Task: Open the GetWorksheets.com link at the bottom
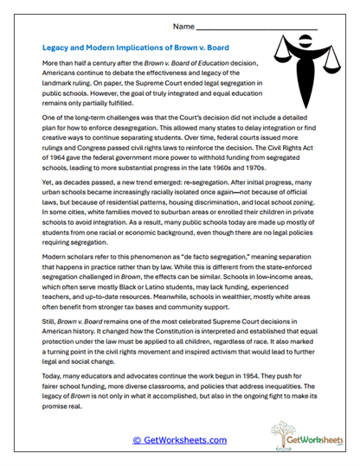tap(179, 439)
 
